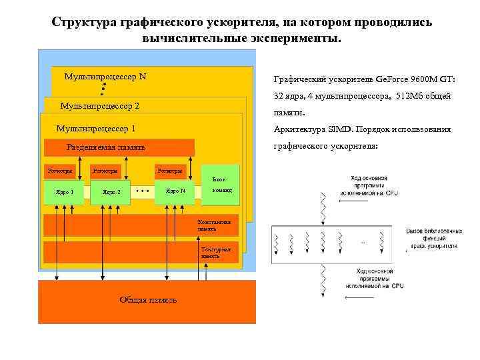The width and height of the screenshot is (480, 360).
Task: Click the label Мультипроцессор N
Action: [x=105, y=77]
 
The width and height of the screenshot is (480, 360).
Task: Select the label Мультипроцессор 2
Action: [x=99, y=107]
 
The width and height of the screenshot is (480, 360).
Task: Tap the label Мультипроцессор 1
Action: [x=96, y=129]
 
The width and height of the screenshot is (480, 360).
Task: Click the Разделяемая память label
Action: [x=106, y=148]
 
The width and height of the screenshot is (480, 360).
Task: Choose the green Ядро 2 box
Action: [x=111, y=192]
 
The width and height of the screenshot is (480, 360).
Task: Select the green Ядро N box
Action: [x=175, y=191]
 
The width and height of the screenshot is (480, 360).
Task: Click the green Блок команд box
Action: [x=219, y=184]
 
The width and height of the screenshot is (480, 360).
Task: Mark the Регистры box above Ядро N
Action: [x=170, y=171]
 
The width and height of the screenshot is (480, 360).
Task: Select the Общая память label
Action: [x=148, y=300]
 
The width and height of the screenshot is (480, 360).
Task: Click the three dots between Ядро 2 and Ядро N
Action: [x=141, y=191]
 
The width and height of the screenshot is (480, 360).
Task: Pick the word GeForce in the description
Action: [x=377, y=79]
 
